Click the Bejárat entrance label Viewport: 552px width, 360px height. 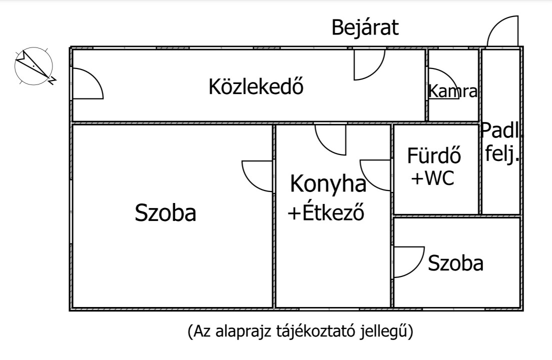(x=365, y=28)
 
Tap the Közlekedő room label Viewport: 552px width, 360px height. (x=256, y=86)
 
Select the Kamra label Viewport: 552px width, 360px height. (x=453, y=91)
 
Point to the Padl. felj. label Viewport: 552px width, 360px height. (x=500, y=142)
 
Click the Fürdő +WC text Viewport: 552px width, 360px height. (x=434, y=166)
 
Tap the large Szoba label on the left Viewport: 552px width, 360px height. (x=166, y=213)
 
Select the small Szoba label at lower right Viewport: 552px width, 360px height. (x=455, y=263)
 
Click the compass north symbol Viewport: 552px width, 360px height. (x=34, y=65)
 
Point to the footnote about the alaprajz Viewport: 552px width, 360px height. (x=300, y=331)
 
